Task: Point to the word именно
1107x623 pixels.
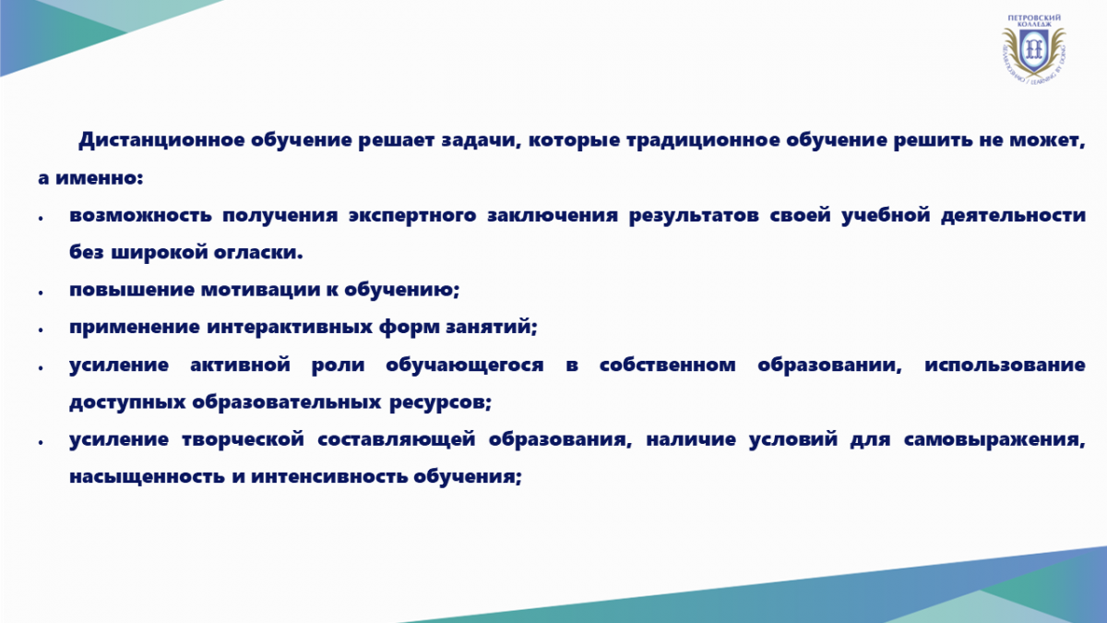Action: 100,178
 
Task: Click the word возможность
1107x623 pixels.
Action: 140,216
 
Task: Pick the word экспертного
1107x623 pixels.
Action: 412,216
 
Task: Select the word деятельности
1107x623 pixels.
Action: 1013,216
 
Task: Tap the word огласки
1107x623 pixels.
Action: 258,252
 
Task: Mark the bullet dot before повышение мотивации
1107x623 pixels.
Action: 41,293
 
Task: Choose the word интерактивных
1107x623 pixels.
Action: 289,327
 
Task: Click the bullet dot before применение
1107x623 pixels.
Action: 41,330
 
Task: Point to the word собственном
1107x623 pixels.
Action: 668,365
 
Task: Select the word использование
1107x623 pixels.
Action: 1005,365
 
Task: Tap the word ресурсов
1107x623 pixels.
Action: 440,402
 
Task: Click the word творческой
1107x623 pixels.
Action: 243,439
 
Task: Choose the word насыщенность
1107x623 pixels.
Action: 147,476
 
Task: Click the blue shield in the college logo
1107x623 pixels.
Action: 1033,51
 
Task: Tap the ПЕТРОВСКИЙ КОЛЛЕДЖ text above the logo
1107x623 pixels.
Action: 1034,20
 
